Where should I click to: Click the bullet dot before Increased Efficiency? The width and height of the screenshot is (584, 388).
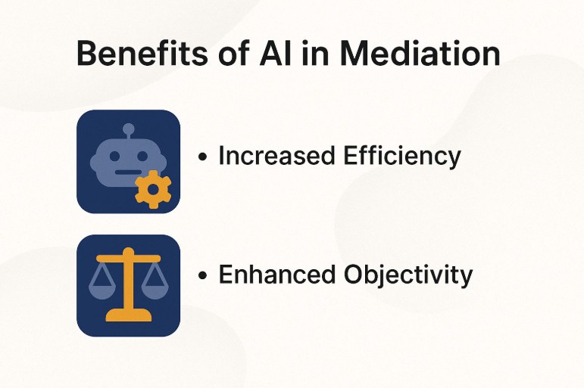point(202,158)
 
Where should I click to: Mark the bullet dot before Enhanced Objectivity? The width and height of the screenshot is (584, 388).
point(202,276)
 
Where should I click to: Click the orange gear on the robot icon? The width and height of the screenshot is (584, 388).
point(152,189)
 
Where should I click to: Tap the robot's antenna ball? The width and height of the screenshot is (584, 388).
point(128,129)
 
